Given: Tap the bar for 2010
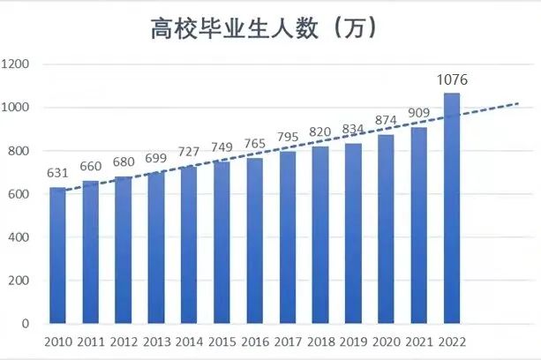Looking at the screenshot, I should pos(57,256).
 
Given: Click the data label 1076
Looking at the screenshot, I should pos(451,80).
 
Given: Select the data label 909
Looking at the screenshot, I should pos(418,113).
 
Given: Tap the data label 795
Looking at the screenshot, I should pos(287,138).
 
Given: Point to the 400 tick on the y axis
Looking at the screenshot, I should pos(20,237).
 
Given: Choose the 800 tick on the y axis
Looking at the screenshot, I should pos(20,151).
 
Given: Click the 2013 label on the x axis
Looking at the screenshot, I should pos(156,341).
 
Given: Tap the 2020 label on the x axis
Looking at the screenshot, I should pos(386,341).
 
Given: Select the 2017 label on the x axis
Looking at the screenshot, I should pos(287,341).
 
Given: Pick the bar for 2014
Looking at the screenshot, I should pos(189,245).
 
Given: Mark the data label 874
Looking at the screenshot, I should pos(386,121).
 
